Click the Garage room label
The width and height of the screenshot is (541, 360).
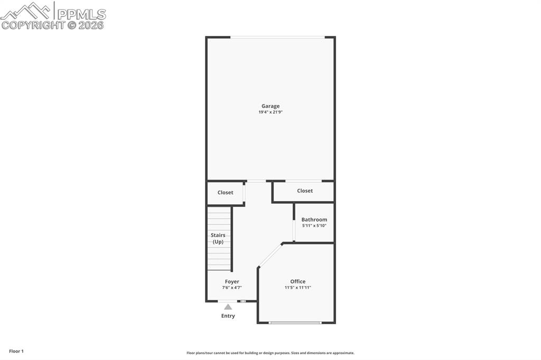click(x=270, y=106)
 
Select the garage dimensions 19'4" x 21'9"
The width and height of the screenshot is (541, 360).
click(x=270, y=112)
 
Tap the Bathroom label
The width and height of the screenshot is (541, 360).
click(x=314, y=220)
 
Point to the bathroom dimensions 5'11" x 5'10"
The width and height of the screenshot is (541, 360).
click(x=314, y=226)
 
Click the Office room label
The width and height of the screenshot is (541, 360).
click(x=298, y=281)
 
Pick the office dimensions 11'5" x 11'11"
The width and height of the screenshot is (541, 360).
click(x=298, y=288)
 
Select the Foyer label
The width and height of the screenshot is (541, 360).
click(x=232, y=282)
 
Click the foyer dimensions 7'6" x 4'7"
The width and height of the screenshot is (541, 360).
click(x=232, y=288)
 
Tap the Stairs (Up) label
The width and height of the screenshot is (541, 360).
click(x=218, y=239)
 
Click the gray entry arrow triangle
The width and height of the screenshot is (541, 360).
click(x=228, y=307)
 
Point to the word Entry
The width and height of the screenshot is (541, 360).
click(x=228, y=316)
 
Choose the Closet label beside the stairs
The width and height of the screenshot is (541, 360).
click(x=226, y=193)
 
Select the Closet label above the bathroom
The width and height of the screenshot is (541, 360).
click(x=305, y=191)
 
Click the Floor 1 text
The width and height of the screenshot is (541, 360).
click(x=16, y=351)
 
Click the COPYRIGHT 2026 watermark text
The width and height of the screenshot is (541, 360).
click(x=53, y=25)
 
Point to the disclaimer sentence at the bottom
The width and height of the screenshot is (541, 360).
click(x=270, y=353)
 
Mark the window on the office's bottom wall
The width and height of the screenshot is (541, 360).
click(x=295, y=323)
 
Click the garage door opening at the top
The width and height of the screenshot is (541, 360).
click(x=277, y=37)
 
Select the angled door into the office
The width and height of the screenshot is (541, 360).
click(x=270, y=255)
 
